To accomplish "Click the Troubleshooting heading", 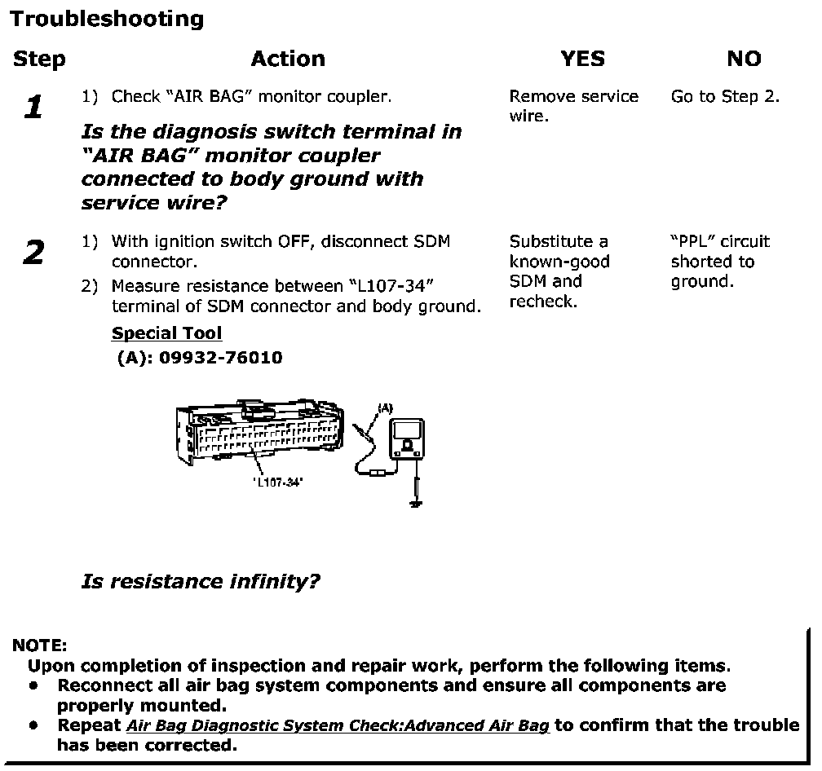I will (107, 19).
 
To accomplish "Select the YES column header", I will (582, 59).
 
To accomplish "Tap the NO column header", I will (743, 59).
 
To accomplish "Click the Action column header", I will (288, 59).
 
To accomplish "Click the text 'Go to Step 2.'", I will (725, 97).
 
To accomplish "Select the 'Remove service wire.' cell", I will (573, 106).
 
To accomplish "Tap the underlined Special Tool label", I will (166, 333).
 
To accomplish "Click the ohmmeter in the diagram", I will (405, 439).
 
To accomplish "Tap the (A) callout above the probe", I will (384, 407).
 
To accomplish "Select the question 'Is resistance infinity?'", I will (201, 581).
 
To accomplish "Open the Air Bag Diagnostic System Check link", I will (338, 726).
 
